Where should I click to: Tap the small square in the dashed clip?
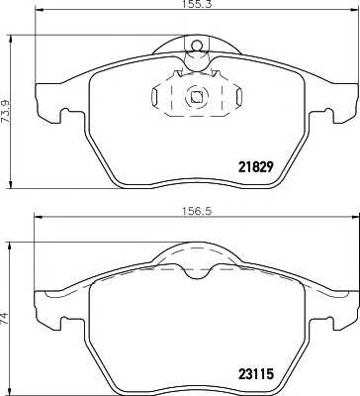(x=196, y=97)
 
